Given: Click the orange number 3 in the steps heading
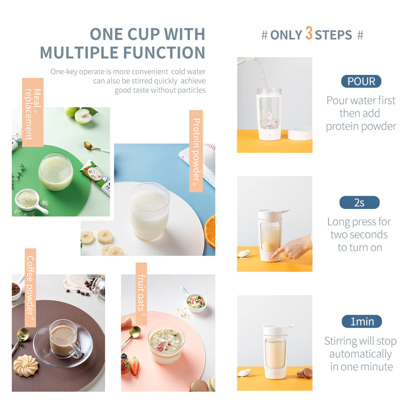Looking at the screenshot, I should point(309,33).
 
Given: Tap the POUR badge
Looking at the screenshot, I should point(361,81).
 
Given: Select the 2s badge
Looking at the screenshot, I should point(359,202).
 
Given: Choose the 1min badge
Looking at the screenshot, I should point(362,321).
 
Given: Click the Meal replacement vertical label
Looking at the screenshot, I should point(33,112).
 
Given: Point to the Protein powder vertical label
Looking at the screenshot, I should point(196,151).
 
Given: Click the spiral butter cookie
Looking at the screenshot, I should point(26,365).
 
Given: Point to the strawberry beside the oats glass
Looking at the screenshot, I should point(133,365).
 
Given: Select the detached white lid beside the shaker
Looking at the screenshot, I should point(300,133).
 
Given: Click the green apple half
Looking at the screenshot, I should point(83,116).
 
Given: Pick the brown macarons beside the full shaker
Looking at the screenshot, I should point(305,373).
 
